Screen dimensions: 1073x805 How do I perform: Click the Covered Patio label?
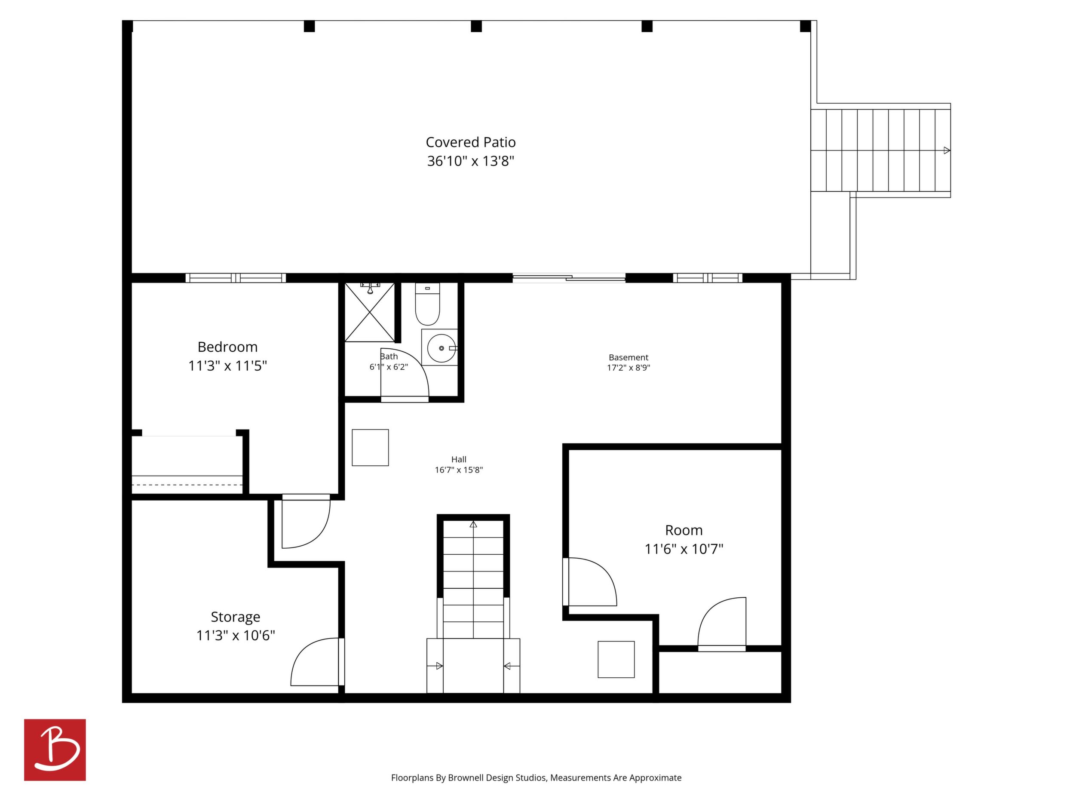pos(471,142)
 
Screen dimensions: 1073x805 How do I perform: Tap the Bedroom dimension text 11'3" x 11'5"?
pos(227,366)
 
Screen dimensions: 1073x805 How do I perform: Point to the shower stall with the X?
pos(370,312)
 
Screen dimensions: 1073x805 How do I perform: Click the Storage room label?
pos(235,617)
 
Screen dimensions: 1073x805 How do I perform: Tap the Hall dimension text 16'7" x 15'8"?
pos(459,470)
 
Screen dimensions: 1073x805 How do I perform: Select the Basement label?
pos(628,357)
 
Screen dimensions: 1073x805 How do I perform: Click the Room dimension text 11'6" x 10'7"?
pos(684,549)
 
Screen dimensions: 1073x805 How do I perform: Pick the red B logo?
pos(55,750)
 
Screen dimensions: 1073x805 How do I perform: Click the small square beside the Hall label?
pos(370,447)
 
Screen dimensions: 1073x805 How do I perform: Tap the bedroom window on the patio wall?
pos(236,278)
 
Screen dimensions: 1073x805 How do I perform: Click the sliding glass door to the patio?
pos(569,278)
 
